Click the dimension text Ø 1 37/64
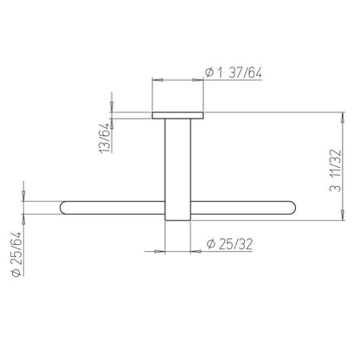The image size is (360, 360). pos(234,73)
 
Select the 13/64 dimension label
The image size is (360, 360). pos(105,138)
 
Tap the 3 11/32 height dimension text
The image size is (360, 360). pos(335,170)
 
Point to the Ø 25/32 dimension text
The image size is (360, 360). pos(229,244)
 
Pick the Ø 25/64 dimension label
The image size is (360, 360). pos(16,254)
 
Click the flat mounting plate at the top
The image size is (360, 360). pos(177,115)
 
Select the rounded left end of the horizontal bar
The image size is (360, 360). pos(63,208)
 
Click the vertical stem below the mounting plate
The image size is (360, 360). pos(177,170)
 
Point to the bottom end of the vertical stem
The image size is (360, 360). pos(177,221)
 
